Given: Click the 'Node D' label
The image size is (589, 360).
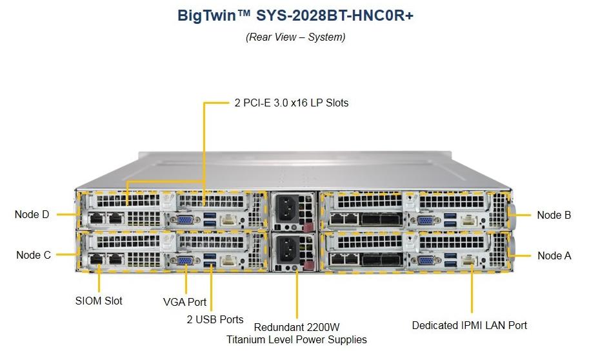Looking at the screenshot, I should (x=32, y=215).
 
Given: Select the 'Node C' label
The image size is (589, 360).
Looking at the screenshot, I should (x=33, y=255).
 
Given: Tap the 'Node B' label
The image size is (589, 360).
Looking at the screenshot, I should (x=554, y=215).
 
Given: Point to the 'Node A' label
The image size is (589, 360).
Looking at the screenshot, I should (x=554, y=256).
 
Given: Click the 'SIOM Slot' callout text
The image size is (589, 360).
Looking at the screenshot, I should (x=99, y=301).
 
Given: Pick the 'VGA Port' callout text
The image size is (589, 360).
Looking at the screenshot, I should (x=185, y=301).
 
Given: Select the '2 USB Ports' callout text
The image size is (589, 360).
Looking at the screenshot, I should (x=215, y=319).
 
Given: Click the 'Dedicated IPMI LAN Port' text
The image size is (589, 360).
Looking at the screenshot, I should (x=470, y=326).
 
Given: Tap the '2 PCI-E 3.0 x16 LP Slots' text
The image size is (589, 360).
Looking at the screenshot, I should (x=291, y=103).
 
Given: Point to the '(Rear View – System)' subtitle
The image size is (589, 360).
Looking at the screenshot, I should (x=295, y=37).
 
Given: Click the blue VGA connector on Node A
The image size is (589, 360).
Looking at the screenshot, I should (x=426, y=261).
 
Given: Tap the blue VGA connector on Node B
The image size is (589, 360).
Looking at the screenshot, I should (x=426, y=220).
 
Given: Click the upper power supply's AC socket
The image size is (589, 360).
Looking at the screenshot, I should (x=287, y=208).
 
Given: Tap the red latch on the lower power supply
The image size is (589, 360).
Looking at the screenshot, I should (x=308, y=267).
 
